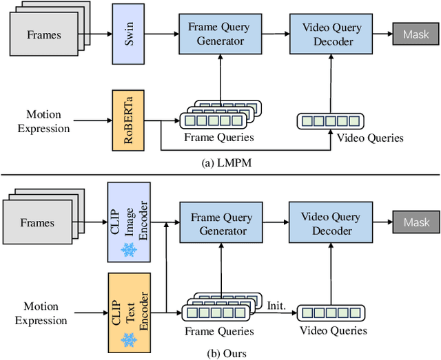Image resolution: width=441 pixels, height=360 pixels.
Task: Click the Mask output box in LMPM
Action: [416, 33]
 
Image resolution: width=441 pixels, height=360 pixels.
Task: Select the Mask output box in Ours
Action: [416, 223]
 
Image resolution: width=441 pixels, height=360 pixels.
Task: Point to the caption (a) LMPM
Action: [220, 162]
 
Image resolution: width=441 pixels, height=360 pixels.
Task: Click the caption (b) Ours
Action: [220, 352]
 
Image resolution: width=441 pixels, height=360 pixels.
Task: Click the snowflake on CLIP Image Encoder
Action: [129, 251]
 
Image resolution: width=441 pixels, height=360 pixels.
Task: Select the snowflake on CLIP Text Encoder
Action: [129, 338]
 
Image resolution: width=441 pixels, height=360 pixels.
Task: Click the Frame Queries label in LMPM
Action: [219, 137]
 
